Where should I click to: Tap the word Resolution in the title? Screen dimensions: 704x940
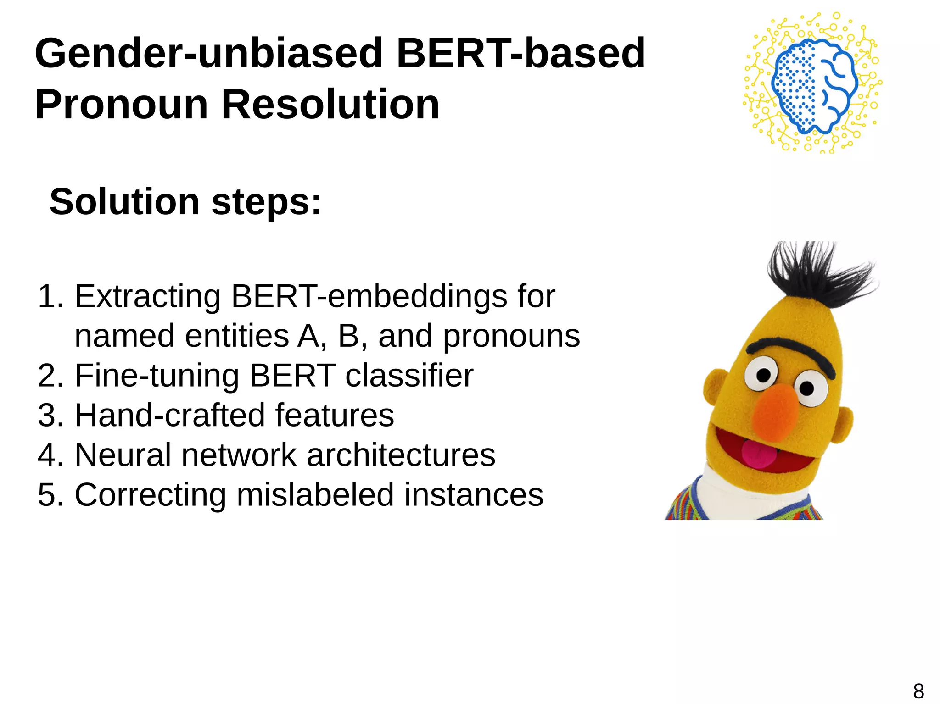[x=330, y=105]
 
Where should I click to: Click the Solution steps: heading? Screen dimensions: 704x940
[x=185, y=202]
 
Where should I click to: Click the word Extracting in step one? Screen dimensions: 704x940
[x=147, y=296]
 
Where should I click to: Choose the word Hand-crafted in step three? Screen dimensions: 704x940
[x=169, y=415]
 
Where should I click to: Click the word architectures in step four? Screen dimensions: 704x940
[x=401, y=455]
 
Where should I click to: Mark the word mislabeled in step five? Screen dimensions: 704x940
[x=315, y=494]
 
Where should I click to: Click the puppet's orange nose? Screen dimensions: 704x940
[x=776, y=410]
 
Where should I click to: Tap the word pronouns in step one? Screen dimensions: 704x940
[x=511, y=336]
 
